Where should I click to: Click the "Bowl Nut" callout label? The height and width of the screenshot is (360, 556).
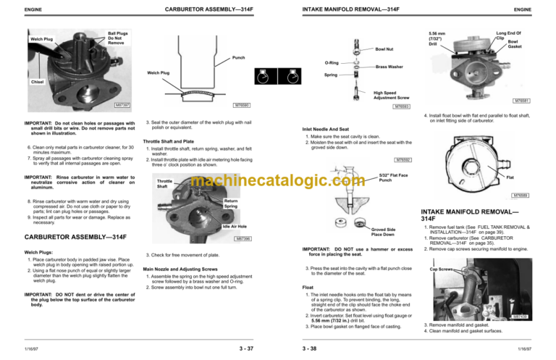click(385, 50)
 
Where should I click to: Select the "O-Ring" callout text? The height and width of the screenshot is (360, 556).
click(329, 63)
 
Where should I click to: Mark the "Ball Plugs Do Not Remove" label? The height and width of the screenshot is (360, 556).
click(118, 38)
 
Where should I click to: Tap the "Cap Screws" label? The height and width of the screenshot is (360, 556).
click(442, 269)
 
